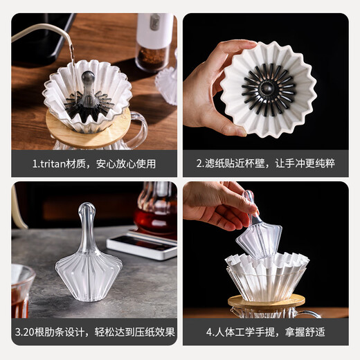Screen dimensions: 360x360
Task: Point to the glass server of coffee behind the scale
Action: pyautogui.click(x=156, y=212)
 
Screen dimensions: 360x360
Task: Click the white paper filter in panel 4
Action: pyautogui.click(x=267, y=277)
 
